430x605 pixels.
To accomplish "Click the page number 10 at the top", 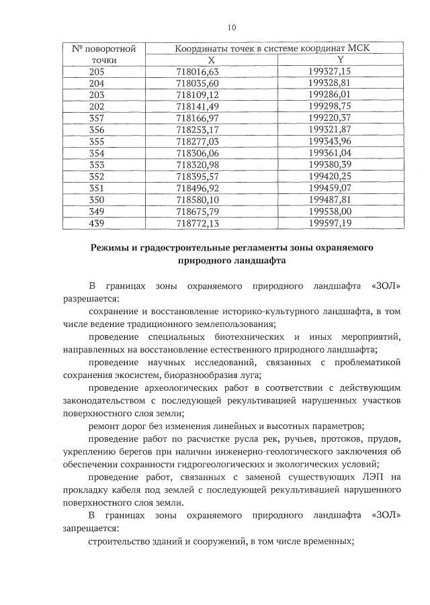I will point(232,28).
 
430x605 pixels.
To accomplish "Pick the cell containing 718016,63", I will point(211,71).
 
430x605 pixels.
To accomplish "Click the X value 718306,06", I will point(211,152).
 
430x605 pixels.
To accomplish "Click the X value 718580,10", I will point(211,199).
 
